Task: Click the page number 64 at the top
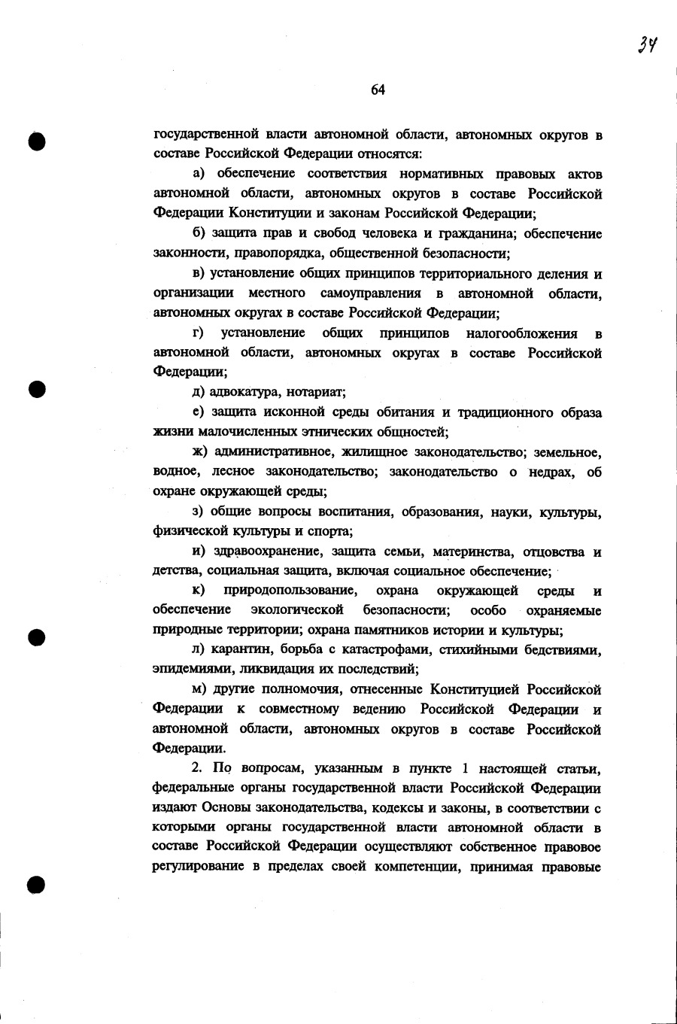[x=378, y=90]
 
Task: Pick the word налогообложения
[x=521, y=333]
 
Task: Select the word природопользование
[x=290, y=591]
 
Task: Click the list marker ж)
[x=199, y=451]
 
